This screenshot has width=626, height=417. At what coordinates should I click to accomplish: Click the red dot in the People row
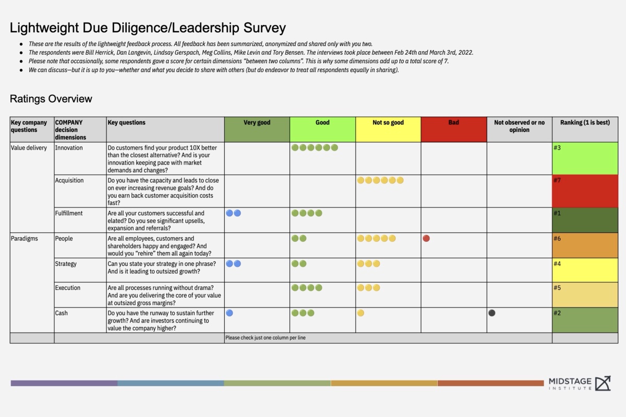pos(426,239)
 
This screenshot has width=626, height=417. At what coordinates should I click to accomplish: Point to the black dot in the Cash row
pos(492,313)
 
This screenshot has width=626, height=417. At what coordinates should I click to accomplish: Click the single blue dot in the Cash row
pos(230,313)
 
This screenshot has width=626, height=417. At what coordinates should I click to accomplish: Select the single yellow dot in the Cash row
pos(360,313)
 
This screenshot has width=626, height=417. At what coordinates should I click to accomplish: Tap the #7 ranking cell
pos(585,191)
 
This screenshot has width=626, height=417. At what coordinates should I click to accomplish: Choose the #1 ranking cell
pos(585,220)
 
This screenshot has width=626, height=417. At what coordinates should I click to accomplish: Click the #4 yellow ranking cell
pos(585,270)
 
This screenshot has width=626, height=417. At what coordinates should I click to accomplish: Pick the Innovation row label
pos(69,148)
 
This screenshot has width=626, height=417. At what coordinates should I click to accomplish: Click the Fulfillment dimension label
pos(69,213)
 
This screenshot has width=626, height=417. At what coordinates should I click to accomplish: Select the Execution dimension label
pos(68,288)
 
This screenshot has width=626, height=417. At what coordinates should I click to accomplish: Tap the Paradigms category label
pos(24,239)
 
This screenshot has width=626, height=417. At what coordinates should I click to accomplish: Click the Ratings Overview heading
pos(51,99)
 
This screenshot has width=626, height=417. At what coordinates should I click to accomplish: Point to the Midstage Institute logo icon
pos(603,383)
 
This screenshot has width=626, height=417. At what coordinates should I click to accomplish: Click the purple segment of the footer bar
pos(64,383)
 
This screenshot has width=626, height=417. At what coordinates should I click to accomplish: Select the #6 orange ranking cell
pos(585,245)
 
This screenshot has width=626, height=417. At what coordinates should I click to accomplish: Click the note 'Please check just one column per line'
pos(266,338)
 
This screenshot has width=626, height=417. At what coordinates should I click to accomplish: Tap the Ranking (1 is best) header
pos(585,123)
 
